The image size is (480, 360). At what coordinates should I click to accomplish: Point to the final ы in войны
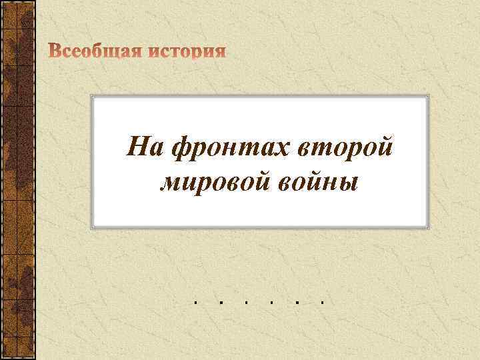pos(348,182)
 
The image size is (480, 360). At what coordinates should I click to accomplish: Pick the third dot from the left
pos(245,302)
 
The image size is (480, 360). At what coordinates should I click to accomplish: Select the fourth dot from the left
pos(271,302)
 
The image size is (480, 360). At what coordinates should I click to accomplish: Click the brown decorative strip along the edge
pos(16,180)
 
